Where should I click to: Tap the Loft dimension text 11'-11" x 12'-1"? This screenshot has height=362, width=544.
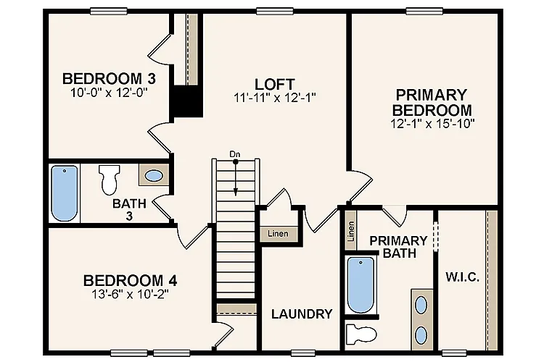click(274, 96)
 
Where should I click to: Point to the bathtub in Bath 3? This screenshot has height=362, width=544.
click(65, 193)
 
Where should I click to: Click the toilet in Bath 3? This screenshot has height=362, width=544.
click(109, 178)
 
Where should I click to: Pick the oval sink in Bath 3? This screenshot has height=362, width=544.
click(154, 175)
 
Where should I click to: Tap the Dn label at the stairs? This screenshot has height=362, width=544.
click(234, 154)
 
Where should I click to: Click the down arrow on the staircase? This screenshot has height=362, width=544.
click(235, 187)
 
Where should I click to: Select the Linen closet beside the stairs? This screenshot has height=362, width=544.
click(278, 234)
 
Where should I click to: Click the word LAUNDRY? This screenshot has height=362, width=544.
click(302, 314)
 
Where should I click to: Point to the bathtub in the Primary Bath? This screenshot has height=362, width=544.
click(360, 285)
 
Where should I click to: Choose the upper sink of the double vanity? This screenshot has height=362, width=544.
click(421, 304)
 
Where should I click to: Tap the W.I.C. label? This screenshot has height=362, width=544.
click(462, 277)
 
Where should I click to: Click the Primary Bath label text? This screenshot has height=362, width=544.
click(398, 247)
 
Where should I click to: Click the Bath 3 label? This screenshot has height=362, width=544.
click(129, 209)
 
